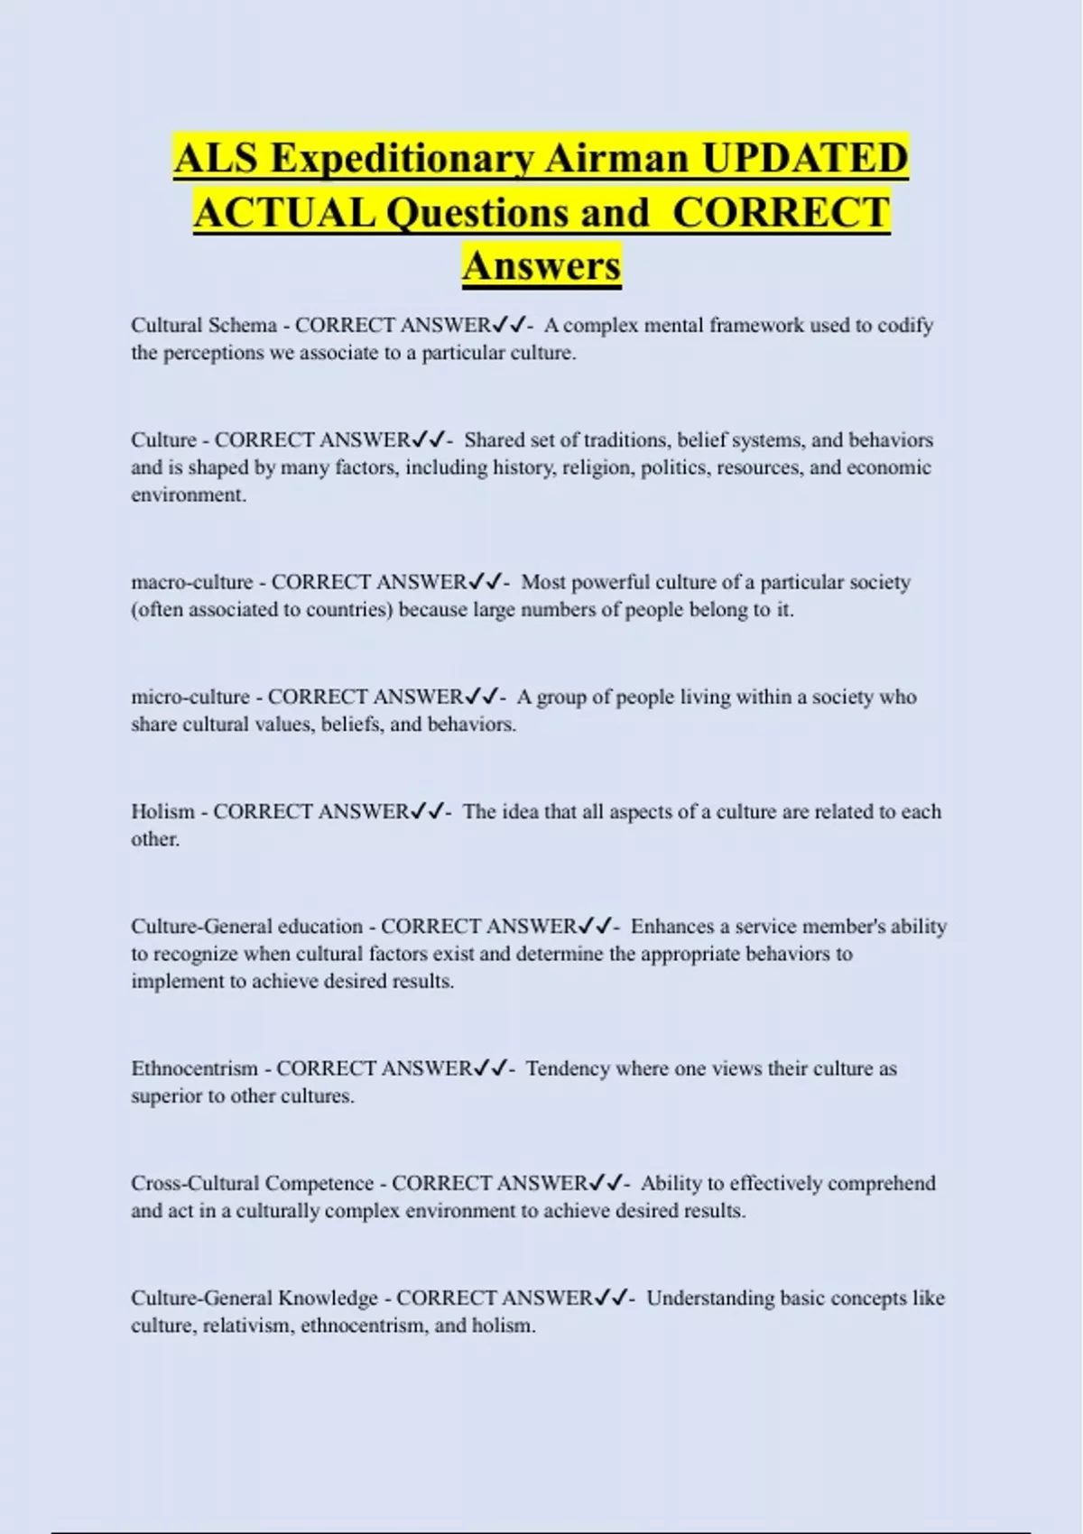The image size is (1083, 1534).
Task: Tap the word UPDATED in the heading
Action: (x=804, y=159)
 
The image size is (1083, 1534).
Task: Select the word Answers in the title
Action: (x=541, y=265)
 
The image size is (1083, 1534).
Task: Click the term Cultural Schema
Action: (x=204, y=325)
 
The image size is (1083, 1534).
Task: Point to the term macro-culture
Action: (x=191, y=582)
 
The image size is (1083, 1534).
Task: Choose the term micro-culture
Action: (x=190, y=697)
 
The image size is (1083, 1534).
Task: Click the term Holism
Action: (x=162, y=811)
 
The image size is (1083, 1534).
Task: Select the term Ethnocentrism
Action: (x=194, y=1068)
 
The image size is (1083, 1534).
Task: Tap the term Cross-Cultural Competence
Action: (x=252, y=1183)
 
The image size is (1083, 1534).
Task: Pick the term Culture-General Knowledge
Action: (x=255, y=1298)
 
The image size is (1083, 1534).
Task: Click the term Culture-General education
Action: (x=246, y=926)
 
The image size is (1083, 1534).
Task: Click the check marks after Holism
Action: (x=427, y=811)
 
